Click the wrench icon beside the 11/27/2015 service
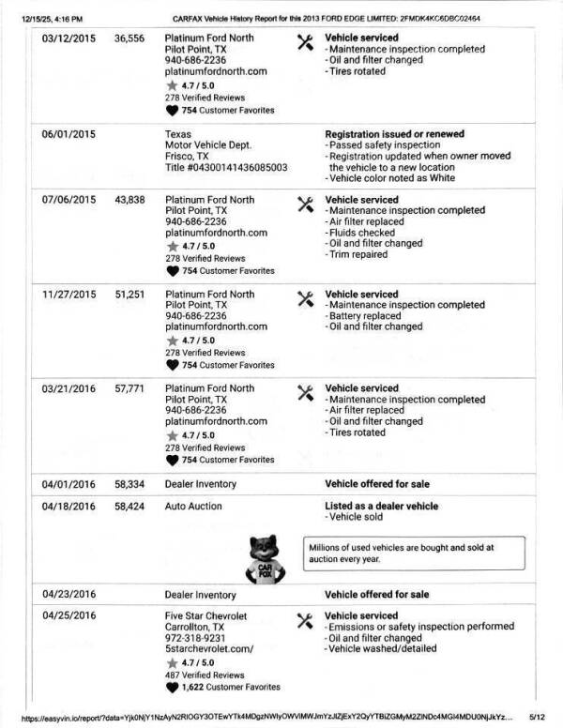tap(304, 298)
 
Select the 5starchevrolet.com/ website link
tap(207, 649)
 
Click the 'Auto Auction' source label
tap(193, 507)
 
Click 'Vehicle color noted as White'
tap(390, 179)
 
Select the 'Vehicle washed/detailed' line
tap(383, 649)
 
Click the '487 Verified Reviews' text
tap(205, 675)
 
